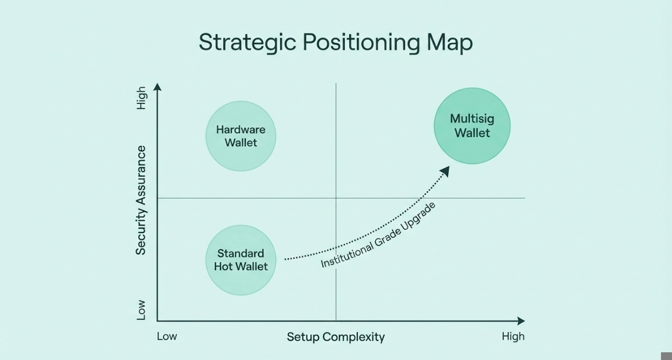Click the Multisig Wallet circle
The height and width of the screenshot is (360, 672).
pyautogui.click(x=472, y=126)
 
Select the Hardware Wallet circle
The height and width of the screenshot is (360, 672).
pyautogui.click(x=241, y=136)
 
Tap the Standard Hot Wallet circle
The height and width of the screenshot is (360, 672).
pyautogui.click(x=241, y=260)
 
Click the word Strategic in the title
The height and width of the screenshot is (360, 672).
pyautogui.click(x=247, y=42)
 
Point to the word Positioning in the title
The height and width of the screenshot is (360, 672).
pyautogui.click(x=361, y=42)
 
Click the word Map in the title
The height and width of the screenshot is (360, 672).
pyautogui.click(x=449, y=42)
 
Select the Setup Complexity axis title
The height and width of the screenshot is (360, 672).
pyautogui.click(x=335, y=337)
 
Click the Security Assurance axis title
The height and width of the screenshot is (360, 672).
pyautogui.click(x=141, y=200)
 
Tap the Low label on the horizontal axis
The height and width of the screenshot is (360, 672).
pyautogui.click(x=167, y=336)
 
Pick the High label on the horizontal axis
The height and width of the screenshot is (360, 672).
pyautogui.click(x=513, y=336)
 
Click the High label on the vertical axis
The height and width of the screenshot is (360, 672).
pyautogui.click(x=142, y=98)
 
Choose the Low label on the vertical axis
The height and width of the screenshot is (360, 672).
pyautogui.click(x=141, y=310)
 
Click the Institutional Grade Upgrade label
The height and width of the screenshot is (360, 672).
pyautogui.click(x=378, y=234)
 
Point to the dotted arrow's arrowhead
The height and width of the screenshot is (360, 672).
pyautogui.click(x=445, y=171)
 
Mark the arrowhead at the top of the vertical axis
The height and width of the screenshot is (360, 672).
pyautogui.click(x=158, y=87)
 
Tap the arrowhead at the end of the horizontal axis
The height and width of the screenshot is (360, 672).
pyautogui.click(x=521, y=321)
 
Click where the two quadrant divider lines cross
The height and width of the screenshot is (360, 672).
pyautogui.click(x=336, y=198)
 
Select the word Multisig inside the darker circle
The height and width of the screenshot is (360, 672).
pyautogui.click(x=472, y=118)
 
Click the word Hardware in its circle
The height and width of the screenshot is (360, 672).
pyautogui.click(x=241, y=130)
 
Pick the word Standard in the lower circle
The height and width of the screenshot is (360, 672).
pyautogui.click(x=241, y=254)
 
